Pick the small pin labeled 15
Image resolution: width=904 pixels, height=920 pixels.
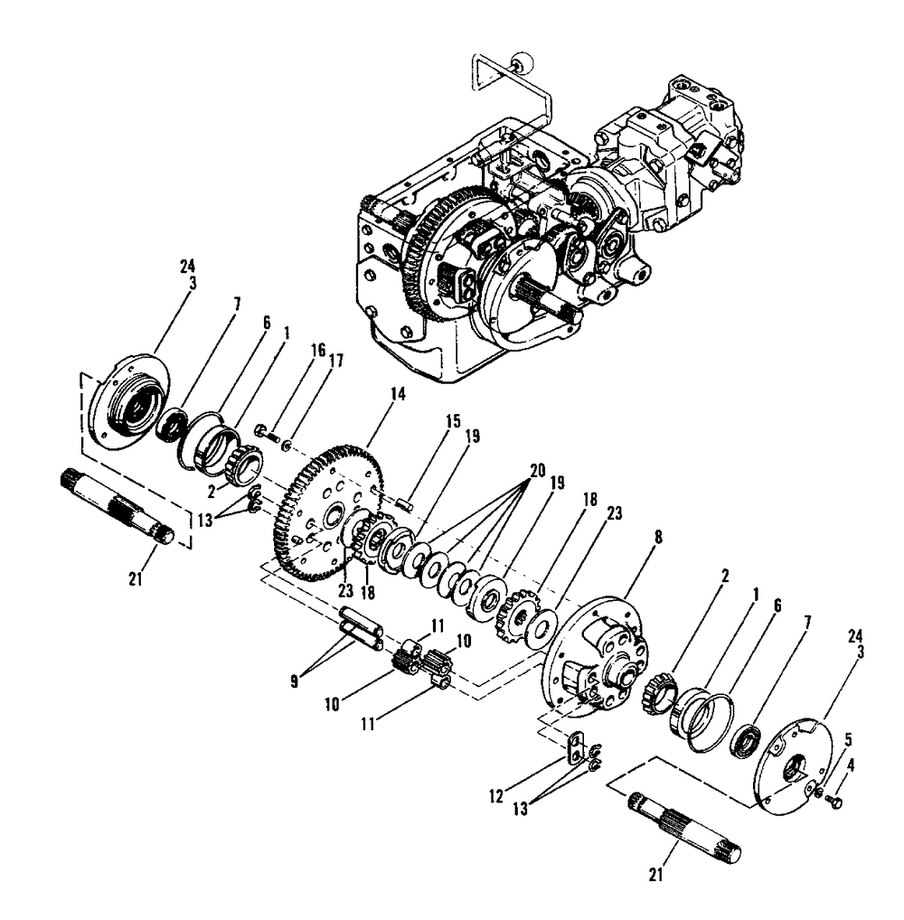click(406, 501)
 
